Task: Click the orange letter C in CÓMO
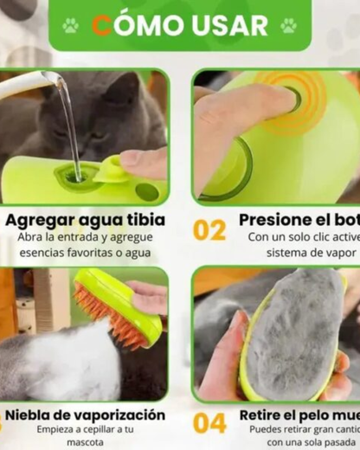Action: click(x=102, y=25)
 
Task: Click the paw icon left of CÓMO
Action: click(x=70, y=25)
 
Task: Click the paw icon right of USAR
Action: click(x=288, y=25)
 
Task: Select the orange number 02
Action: click(x=209, y=230)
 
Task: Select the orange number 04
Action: click(x=209, y=422)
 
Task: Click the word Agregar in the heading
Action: click(x=43, y=220)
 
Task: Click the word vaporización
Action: click(x=115, y=415)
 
